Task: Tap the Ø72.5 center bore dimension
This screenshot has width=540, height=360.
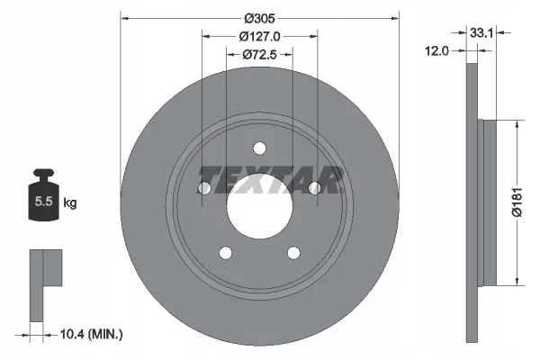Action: [x=258, y=56]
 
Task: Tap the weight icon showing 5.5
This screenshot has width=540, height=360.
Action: [x=43, y=200]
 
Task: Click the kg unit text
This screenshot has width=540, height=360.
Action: [x=70, y=203]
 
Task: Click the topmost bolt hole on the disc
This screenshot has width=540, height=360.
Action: [x=258, y=148]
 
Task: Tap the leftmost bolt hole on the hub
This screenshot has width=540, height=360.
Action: [x=203, y=188]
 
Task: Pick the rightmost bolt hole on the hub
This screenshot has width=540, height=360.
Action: [x=314, y=188]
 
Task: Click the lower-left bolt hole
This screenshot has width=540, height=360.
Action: [x=224, y=253]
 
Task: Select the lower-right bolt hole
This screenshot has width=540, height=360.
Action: [x=292, y=253]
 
